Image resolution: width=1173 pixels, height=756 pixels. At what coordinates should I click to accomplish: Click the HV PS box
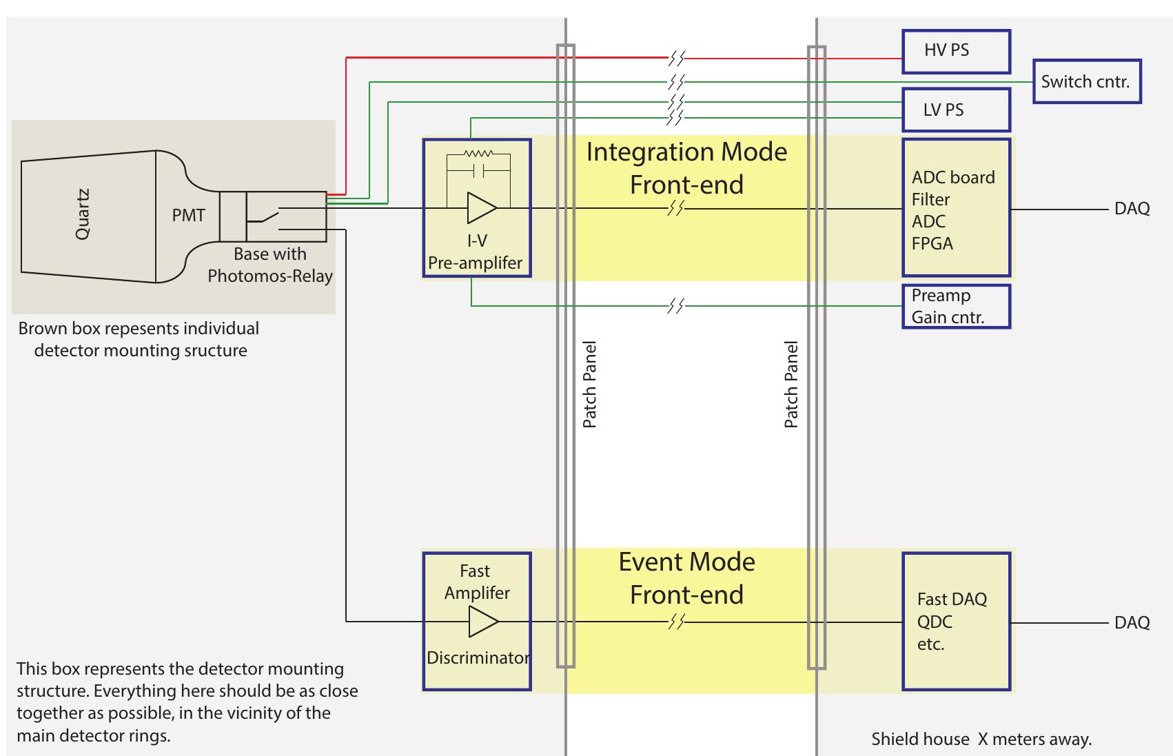tap(956, 51)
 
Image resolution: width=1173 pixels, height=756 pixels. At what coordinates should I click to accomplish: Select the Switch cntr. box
tap(1086, 82)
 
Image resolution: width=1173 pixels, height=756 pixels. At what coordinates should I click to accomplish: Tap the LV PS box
tap(956, 110)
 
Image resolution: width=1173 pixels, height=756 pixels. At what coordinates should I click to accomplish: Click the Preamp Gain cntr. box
tap(956, 307)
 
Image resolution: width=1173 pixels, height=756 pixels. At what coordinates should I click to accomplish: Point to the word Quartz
tap(83, 214)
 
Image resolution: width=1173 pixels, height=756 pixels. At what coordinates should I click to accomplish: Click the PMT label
tap(188, 215)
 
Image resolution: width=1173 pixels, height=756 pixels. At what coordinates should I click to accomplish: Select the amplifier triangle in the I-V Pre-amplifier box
tap(481, 208)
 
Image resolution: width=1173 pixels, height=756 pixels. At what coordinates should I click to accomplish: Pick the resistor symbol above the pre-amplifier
tap(478, 154)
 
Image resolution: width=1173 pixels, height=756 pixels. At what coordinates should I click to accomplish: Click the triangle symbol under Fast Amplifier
tap(482, 622)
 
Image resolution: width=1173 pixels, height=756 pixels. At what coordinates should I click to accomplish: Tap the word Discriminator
tap(478, 657)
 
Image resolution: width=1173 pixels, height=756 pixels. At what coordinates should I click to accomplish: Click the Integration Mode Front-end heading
tap(686, 168)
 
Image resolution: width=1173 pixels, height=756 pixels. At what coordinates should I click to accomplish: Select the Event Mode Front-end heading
tap(686, 578)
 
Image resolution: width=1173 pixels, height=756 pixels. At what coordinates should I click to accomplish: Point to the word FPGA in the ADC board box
tap(932, 244)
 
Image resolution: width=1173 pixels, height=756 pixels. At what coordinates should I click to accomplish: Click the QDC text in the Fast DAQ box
tap(935, 622)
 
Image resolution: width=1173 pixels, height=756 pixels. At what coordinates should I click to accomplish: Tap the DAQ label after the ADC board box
tap(1132, 209)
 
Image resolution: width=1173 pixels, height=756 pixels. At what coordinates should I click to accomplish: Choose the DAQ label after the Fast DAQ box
tap(1132, 623)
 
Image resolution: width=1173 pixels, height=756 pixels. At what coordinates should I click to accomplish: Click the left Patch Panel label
tap(589, 384)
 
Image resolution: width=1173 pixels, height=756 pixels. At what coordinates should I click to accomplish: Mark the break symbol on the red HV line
tap(676, 59)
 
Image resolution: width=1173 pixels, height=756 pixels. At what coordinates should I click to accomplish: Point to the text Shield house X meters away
tap(981, 739)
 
